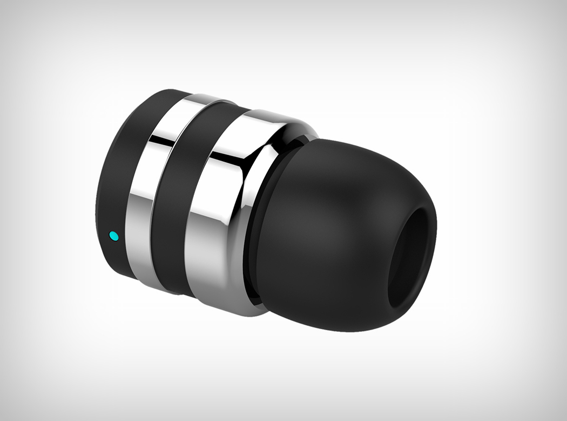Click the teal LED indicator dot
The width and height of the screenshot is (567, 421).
(x=113, y=236)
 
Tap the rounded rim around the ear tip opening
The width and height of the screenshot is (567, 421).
(x=427, y=216)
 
